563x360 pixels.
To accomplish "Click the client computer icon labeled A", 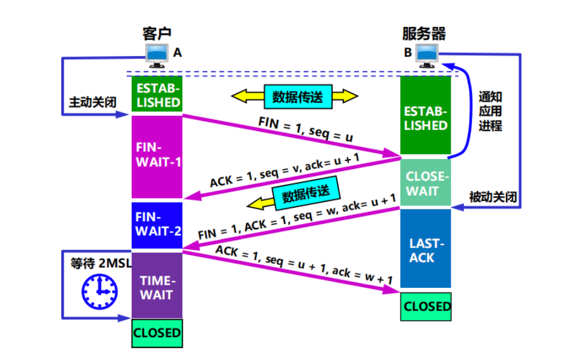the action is (157, 56).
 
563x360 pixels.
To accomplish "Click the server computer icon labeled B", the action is (427, 56).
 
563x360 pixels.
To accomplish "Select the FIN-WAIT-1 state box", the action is (157, 157).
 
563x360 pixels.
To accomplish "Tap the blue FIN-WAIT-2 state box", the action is (157, 225).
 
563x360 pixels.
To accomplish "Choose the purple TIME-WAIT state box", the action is (157, 285).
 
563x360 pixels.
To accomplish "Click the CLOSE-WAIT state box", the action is (425, 182).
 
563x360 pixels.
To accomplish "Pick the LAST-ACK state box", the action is (425, 248).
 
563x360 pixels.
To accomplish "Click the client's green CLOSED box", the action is (157, 333).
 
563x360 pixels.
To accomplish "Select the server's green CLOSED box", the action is (426, 306).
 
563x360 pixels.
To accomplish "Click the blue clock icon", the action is (99, 291).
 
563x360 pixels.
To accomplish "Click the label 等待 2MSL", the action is (101, 263).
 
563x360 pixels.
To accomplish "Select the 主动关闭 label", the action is (93, 102).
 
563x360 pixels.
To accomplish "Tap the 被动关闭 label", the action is (493, 196).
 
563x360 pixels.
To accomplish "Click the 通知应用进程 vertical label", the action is (490, 111).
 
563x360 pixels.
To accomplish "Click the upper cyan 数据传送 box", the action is (298, 97).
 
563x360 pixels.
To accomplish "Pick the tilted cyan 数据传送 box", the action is (306, 193).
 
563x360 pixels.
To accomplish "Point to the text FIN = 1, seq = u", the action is (306, 129).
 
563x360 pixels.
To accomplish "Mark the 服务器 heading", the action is (424, 34).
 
